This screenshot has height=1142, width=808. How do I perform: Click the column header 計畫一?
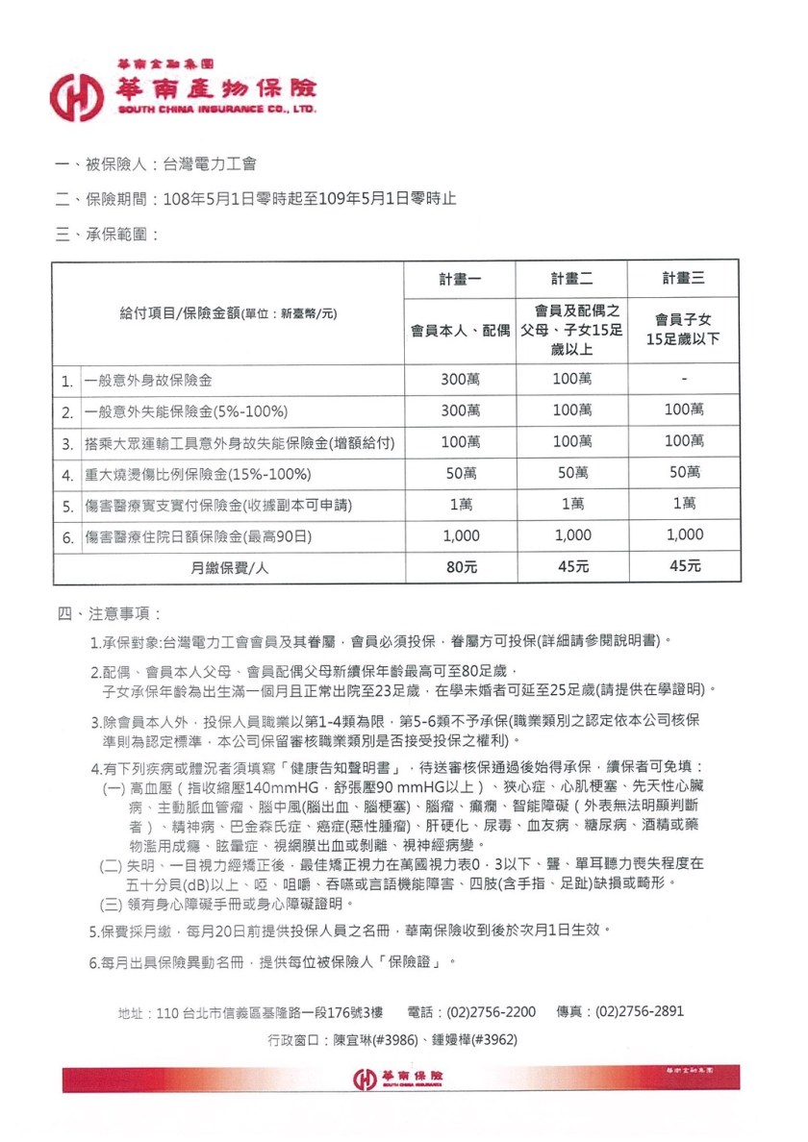pos(461,279)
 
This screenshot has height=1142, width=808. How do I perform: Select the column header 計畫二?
pos(571,279)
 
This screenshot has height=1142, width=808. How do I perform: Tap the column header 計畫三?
pos(683,279)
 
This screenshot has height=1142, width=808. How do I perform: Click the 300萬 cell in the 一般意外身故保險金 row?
pos(461,379)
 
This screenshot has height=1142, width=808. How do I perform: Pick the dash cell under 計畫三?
pos(683,379)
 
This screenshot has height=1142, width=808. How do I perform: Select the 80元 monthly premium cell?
pos(461,566)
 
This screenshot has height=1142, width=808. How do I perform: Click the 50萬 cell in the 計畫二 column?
pos(571,472)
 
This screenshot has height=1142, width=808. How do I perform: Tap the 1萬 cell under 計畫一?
pos(461,504)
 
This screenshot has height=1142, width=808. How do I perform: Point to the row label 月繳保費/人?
pos(228,567)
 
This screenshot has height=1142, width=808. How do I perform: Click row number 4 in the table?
pos(67,474)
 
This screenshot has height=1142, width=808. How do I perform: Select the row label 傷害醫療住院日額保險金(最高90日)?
pos(198,535)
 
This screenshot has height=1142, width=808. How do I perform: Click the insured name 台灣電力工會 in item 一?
pos(210,164)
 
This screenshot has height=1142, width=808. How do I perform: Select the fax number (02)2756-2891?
pos(640,1011)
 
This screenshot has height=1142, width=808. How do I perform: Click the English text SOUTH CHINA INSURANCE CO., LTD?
pos(216,111)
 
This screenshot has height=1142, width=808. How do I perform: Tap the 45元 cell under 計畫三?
pos(683,566)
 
